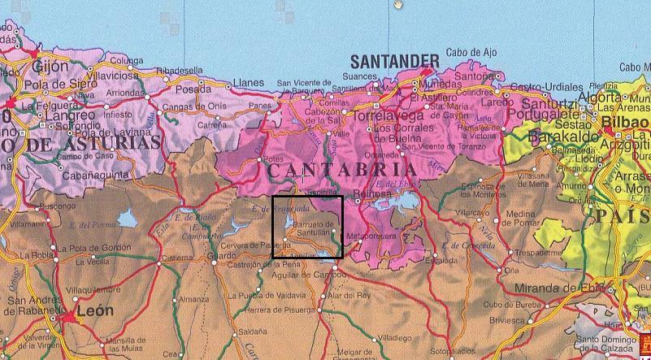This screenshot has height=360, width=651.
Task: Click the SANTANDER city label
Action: click(x=394, y=60)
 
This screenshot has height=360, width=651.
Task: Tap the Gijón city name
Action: click(x=49, y=65)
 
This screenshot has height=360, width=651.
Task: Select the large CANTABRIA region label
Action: click(x=342, y=171)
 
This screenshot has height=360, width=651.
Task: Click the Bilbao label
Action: click(x=627, y=122)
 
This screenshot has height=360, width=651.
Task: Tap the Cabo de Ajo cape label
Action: click(x=470, y=53)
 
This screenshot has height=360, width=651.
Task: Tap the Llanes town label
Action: click(x=249, y=83)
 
